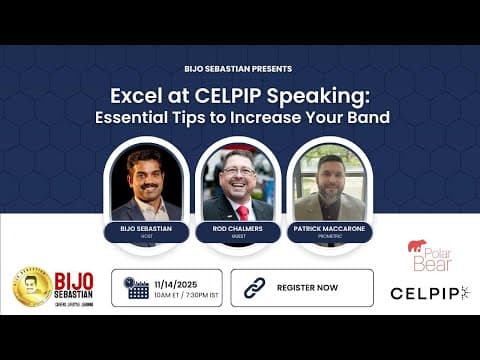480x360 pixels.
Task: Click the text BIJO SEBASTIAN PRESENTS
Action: (238, 69)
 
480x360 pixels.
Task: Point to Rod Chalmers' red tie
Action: (241, 211)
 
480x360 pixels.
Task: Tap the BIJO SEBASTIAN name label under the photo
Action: (145, 229)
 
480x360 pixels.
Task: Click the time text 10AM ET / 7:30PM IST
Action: (181, 296)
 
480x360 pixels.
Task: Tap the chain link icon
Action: (255, 288)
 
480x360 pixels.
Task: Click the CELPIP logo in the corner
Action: (428, 293)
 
